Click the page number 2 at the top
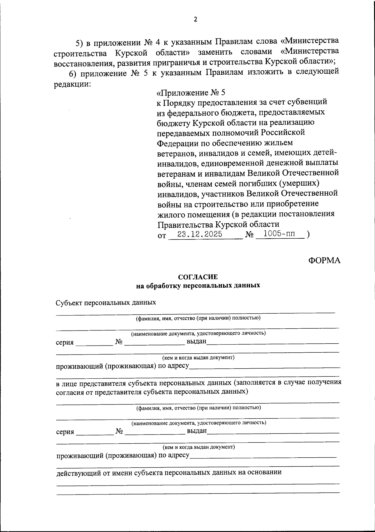pos(195,19)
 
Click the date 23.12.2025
pos(200,234)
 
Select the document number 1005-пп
pos(279,234)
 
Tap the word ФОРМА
pos(324,260)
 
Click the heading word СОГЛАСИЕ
pos(198,277)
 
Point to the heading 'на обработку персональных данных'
pos(198,286)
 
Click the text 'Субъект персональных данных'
pos(106,303)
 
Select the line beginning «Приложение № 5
pos(191,93)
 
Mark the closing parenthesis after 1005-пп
pos(308,234)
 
